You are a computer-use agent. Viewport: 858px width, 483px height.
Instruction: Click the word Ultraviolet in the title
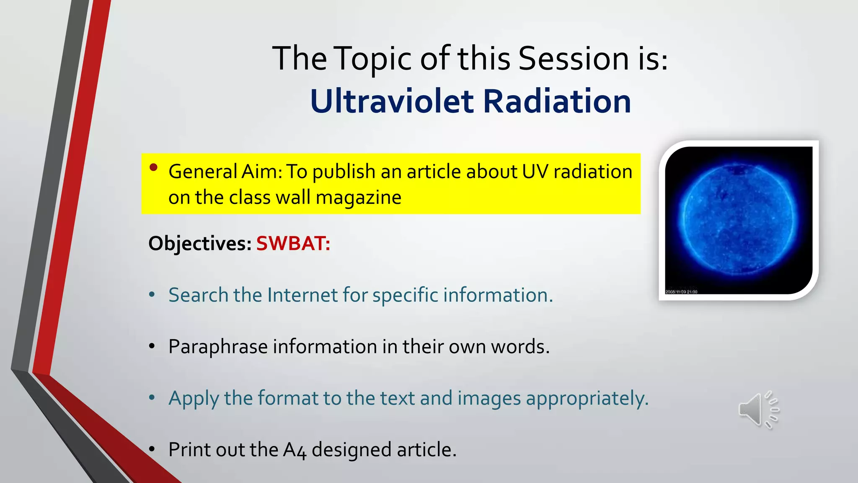pyautogui.click(x=392, y=102)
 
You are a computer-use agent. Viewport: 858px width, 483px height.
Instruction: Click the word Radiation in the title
pyautogui.click(x=557, y=102)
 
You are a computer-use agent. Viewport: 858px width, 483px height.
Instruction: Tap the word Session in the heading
pyautogui.click(x=574, y=58)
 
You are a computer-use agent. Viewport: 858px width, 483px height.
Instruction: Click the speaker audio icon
pyautogui.click(x=758, y=410)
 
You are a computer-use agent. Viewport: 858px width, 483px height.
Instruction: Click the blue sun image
pyautogui.click(x=738, y=220)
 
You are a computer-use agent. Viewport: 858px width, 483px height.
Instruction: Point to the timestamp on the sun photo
pyautogui.click(x=681, y=291)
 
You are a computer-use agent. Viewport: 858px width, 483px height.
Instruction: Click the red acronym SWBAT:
pyautogui.click(x=293, y=244)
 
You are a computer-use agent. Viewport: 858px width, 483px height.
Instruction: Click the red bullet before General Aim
pyautogui.click(x=153, y=168)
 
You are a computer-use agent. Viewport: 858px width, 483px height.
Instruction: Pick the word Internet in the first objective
pyautogui.click(x=302, y=295)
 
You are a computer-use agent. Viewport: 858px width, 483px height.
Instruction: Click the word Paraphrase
pyautogui.click(x=218, y=347)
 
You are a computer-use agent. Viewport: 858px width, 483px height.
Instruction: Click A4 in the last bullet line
pyautogui.click(x=295, y=450)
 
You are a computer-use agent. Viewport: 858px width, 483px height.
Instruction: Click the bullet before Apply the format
pyautogui.click(x=152, y=397)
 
